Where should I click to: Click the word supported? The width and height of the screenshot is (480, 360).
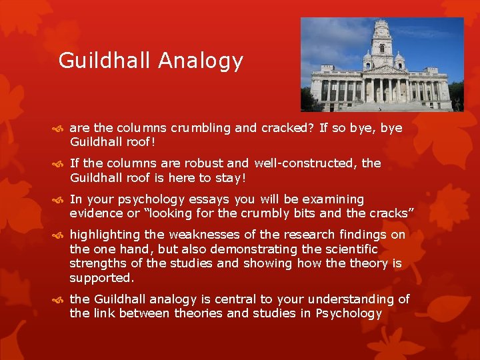(101, 278)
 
